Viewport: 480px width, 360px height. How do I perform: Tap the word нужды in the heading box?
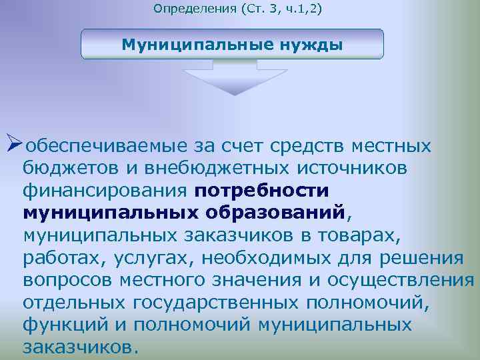coord(307,45)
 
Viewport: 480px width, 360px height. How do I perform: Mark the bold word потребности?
coord(262,191)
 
